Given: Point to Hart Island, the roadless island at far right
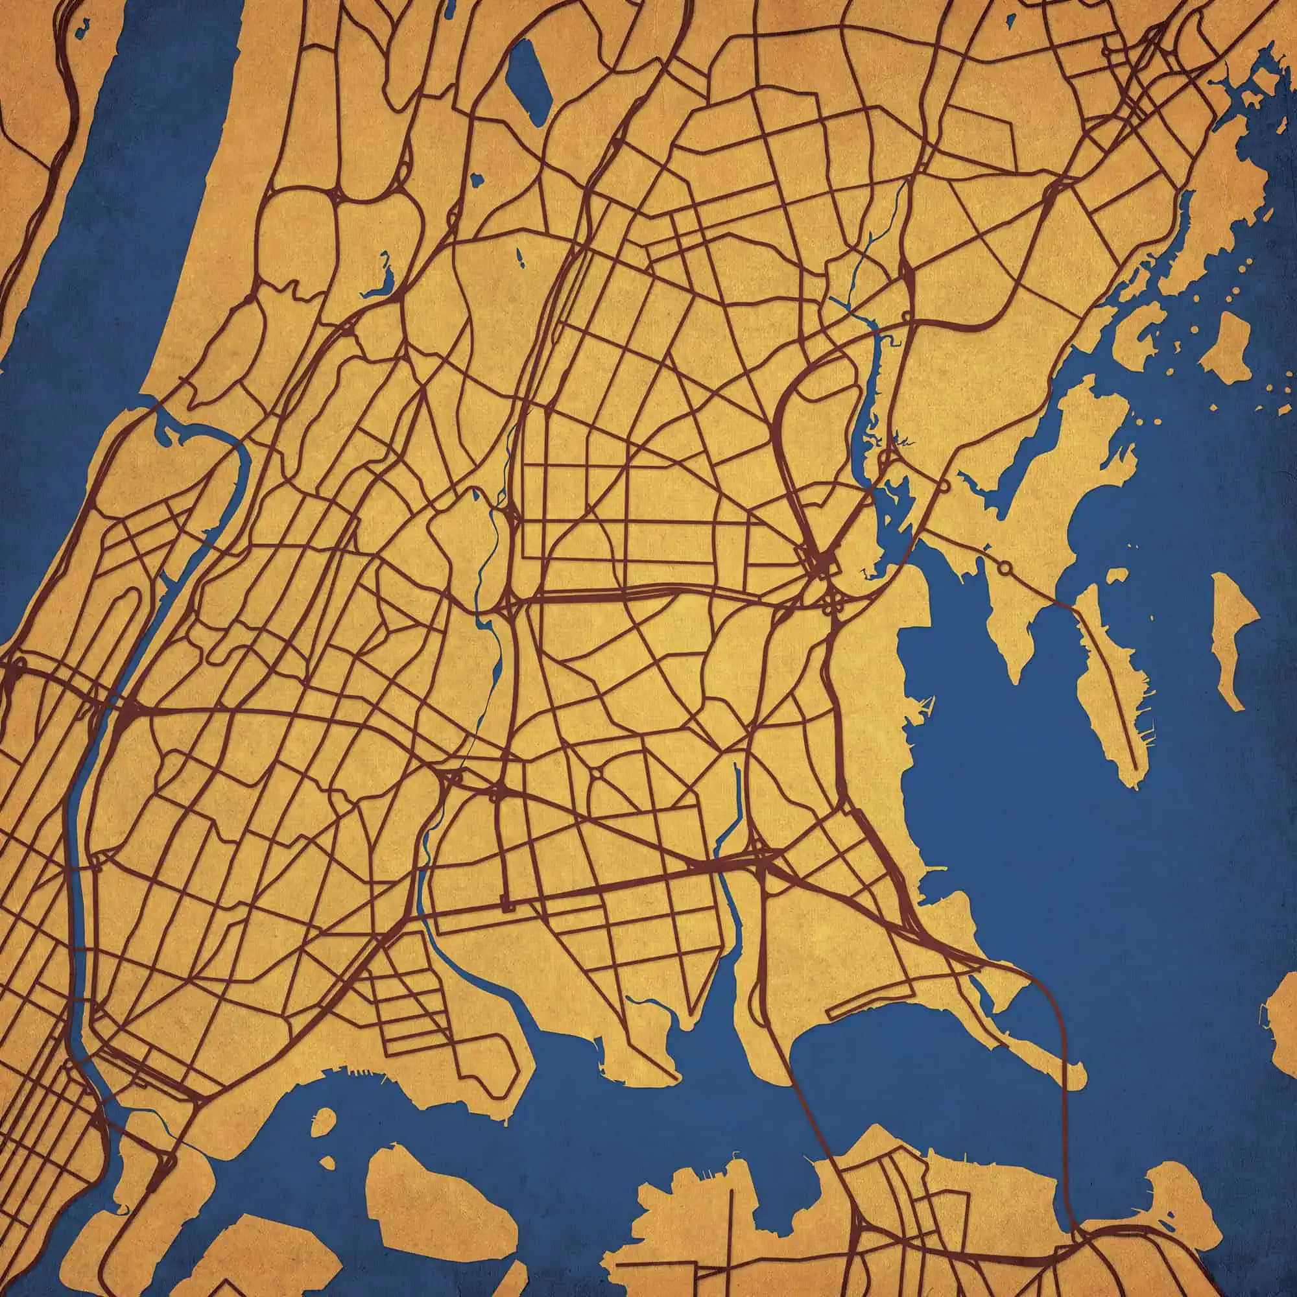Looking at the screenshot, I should (1235, 637).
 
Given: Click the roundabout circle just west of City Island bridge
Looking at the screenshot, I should (1005, 568).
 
